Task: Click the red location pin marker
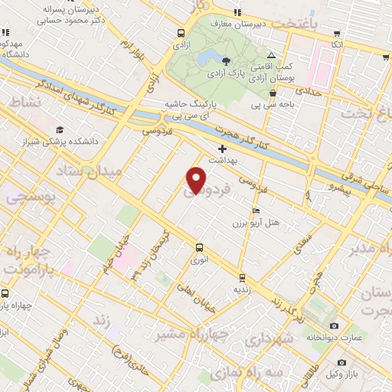coord(196,179)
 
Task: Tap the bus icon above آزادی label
coord(181,33)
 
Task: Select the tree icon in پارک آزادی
coord(227,61)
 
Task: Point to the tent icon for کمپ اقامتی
coord(272,55)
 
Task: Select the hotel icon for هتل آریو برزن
coord(256,211)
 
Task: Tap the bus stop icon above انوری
coord(199,247)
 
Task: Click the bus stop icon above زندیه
coord(242,278)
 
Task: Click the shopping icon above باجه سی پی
coord(273,94)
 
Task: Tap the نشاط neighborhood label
coord(21,102)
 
